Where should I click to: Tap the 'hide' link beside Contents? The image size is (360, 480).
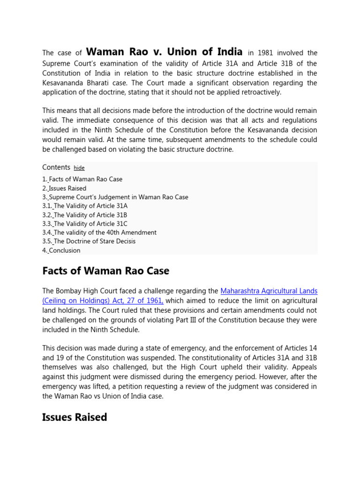[79, 168]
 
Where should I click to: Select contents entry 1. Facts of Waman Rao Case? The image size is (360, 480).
[82, 179]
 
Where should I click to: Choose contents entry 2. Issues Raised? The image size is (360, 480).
[64, 188]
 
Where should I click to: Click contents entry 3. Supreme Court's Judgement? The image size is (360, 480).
[115, 197]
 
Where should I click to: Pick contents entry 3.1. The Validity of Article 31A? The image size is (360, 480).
[85, 206]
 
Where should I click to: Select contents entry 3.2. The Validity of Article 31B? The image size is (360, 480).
[85, 215]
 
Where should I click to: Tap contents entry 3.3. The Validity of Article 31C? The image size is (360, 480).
[85, 224]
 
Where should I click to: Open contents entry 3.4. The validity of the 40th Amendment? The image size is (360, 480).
[99, 232]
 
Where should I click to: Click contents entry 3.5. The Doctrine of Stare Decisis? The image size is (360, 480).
[89, 241]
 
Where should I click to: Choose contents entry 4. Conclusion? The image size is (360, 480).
[61, 250]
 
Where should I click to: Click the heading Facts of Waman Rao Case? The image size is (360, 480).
[105, 271]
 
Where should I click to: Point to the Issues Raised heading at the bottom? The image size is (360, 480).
[75, 417]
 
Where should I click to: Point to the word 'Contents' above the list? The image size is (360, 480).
[56, 167]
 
